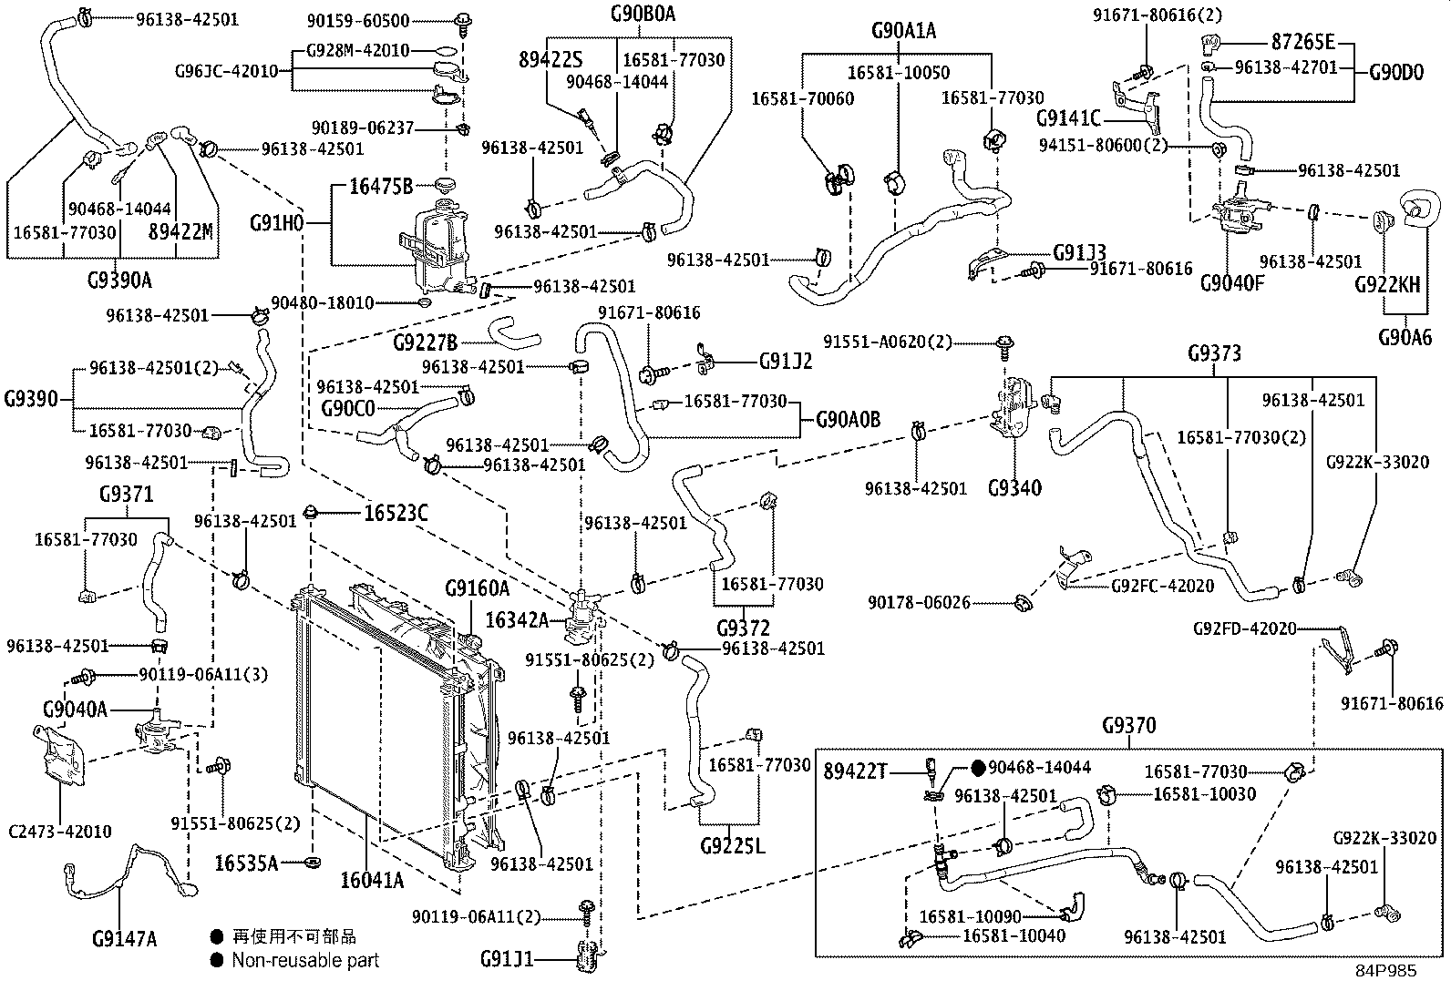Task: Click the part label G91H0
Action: pyautogui.click(x=276, y=222)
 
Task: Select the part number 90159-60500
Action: pyautogui.click(x=371, y=20)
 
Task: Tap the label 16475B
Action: pyautogui.click(x=381, y=188)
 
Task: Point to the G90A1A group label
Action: pyautogui.click(x=903, y=31)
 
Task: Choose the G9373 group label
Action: pyautogui.click(x=1214, y=353)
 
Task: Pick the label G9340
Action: pyautogui.click(x=1014, y=488)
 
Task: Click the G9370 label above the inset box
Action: pyautogui.click(x=1128, y=726)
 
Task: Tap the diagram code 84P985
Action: pyautogui.click(x=1384, y=971)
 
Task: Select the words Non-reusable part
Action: pyautogui.click(x=304, y=960)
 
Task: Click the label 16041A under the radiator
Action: pyautogui.click(x=372, y=880)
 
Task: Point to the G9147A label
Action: pyautogui.click(x=124, y=938)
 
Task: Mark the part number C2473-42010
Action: pyautogui.click(x=59, y=831)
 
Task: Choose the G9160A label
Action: pyautogui.click(x=477, y=589)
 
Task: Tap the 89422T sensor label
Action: pyautogui.click(x=855, y=771)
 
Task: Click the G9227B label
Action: pyautogui.click(x=426, y=342)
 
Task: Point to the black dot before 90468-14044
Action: pyautogui.click(x=978, y=768)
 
